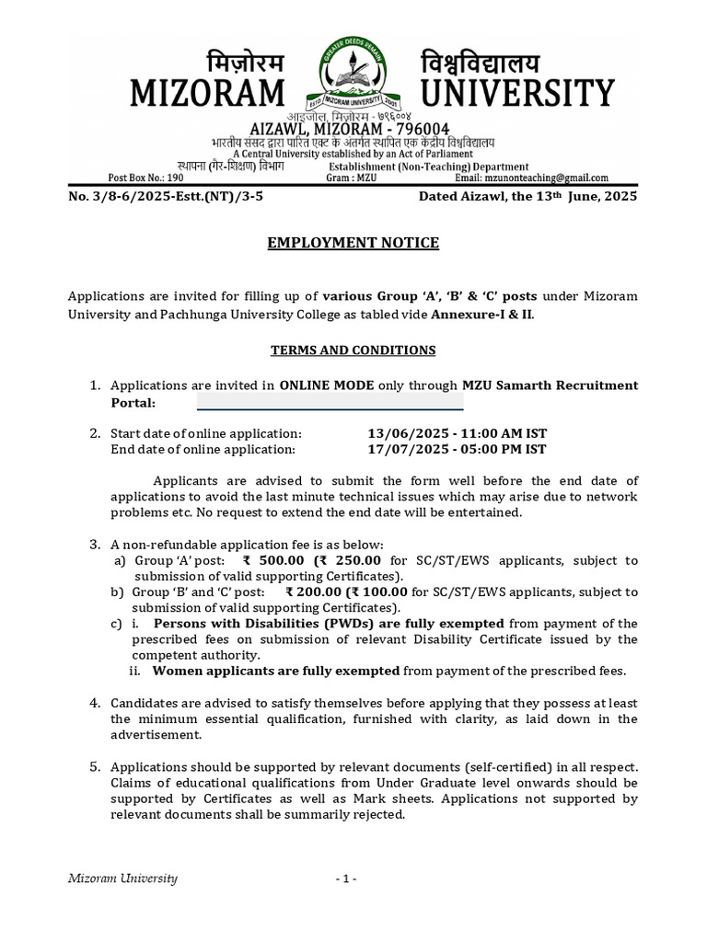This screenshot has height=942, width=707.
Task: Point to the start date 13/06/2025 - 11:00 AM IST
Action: click(x=457, y=433)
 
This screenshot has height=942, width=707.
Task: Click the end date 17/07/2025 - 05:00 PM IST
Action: click(x=457, y=449)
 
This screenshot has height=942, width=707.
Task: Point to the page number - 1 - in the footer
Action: click(x=346, y=879)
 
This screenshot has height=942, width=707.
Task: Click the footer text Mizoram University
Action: click(x=124, y=879)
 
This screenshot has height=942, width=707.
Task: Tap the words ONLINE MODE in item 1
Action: click(x=327, y=385)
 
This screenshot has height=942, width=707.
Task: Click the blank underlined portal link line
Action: click(x=330, y=404)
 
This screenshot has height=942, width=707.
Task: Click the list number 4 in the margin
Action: click(x=94, y=703)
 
